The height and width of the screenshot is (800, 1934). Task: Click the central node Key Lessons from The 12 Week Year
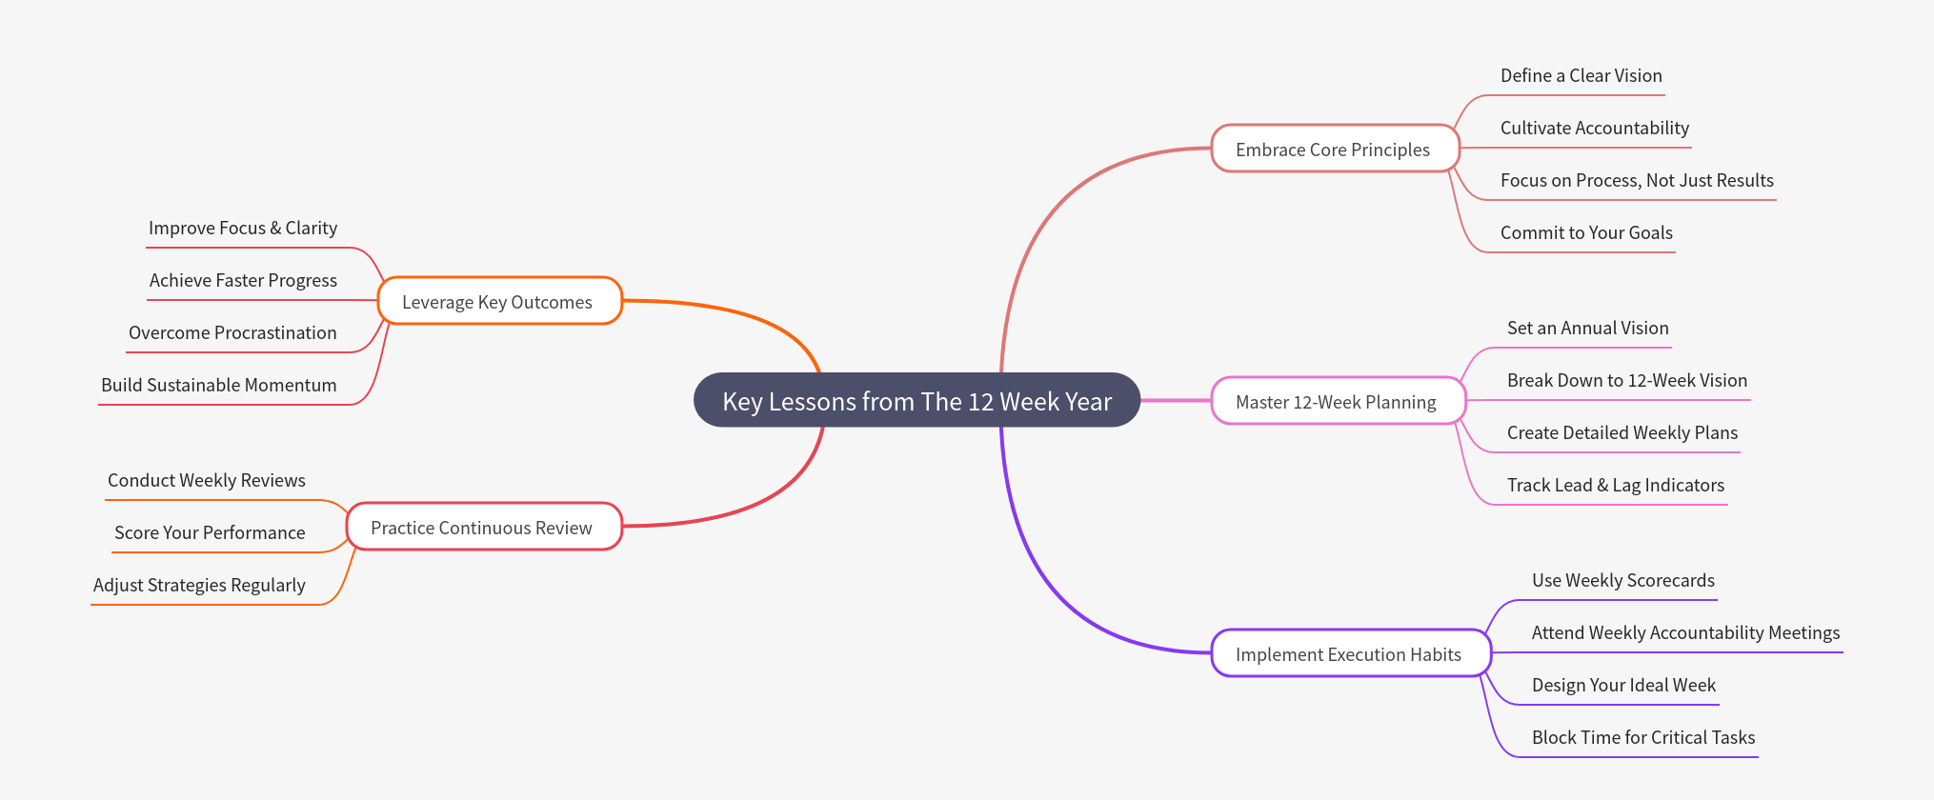point(917,401)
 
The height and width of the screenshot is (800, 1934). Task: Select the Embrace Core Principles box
point(1333,150)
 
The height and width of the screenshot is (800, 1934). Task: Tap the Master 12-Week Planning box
point(1336,402)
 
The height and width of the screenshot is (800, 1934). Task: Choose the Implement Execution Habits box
point(1348,654)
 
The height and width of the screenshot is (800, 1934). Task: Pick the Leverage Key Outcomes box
point(497,302)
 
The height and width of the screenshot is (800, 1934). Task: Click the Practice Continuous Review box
point(481,528)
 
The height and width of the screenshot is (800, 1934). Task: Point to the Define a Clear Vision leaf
point(1581,76)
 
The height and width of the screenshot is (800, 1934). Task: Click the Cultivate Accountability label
point(1594,129)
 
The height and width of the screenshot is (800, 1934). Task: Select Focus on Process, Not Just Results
point(1637,181)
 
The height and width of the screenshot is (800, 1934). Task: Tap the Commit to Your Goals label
point(1586,233)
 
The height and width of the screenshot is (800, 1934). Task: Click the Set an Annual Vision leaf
point(1587,329)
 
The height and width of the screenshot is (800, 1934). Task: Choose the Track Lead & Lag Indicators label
point(1615,486)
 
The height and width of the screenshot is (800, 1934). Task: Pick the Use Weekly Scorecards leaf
point(1622,581)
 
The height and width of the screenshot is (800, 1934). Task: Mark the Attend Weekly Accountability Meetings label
point(1685,633)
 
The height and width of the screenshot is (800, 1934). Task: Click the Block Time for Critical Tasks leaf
point(1642,738)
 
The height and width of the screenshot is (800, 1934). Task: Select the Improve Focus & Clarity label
point(243,229)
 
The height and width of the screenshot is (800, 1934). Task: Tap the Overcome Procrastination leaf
point(232,333)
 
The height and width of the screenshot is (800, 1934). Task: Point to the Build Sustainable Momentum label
point(219,386)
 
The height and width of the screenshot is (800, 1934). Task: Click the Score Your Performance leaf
point(210,533)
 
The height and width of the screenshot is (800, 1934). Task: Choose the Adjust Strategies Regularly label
point(199,586)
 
